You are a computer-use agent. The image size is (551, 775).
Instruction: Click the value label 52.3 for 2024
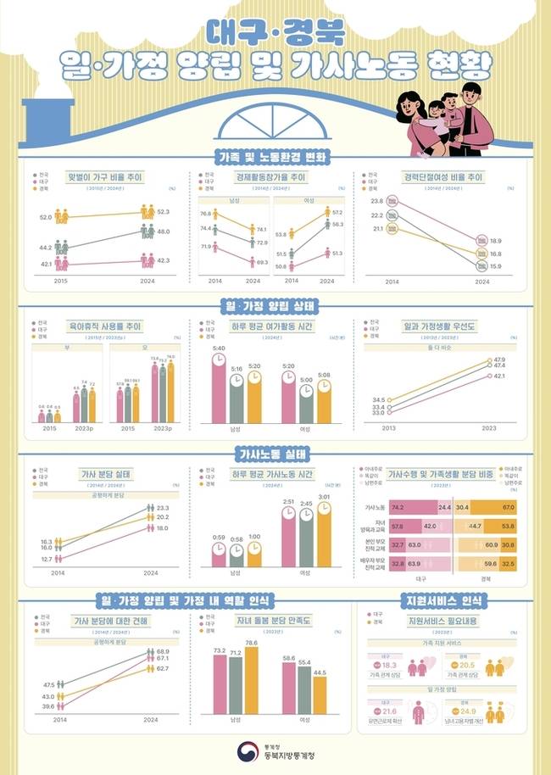coord(164,211)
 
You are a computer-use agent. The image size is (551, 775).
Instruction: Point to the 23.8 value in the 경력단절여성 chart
coord(377,201)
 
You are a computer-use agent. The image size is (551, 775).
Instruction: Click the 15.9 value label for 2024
coord(496,266)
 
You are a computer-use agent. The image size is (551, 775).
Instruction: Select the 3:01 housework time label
coord(323,497)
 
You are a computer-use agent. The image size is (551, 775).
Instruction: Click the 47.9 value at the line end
coord(499,360)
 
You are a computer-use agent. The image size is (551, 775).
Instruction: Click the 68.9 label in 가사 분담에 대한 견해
coord(164,651)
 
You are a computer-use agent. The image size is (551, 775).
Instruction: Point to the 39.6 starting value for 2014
coord(48,706)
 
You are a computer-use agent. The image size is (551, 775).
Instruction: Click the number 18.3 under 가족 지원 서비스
coord(389,666)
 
